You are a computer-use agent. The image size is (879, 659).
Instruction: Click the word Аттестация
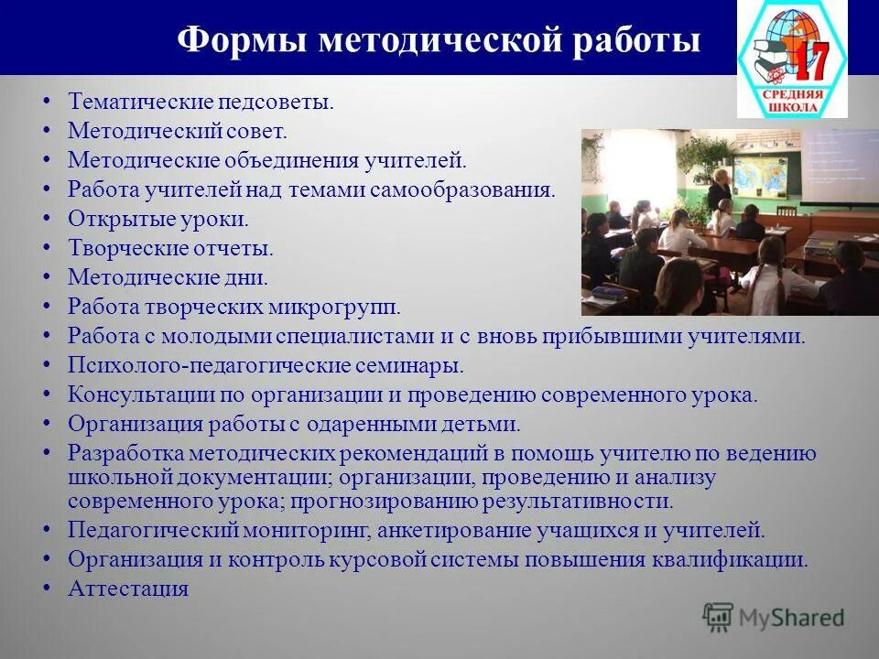click(x=128, y=589)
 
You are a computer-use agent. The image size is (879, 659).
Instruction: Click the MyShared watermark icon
click(x=718, y=617)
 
